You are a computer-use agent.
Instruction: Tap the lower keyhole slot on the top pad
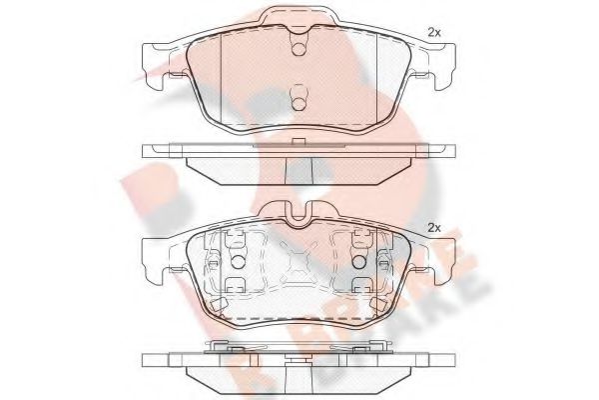(297, 97)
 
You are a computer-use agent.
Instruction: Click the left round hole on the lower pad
(237, 261)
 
